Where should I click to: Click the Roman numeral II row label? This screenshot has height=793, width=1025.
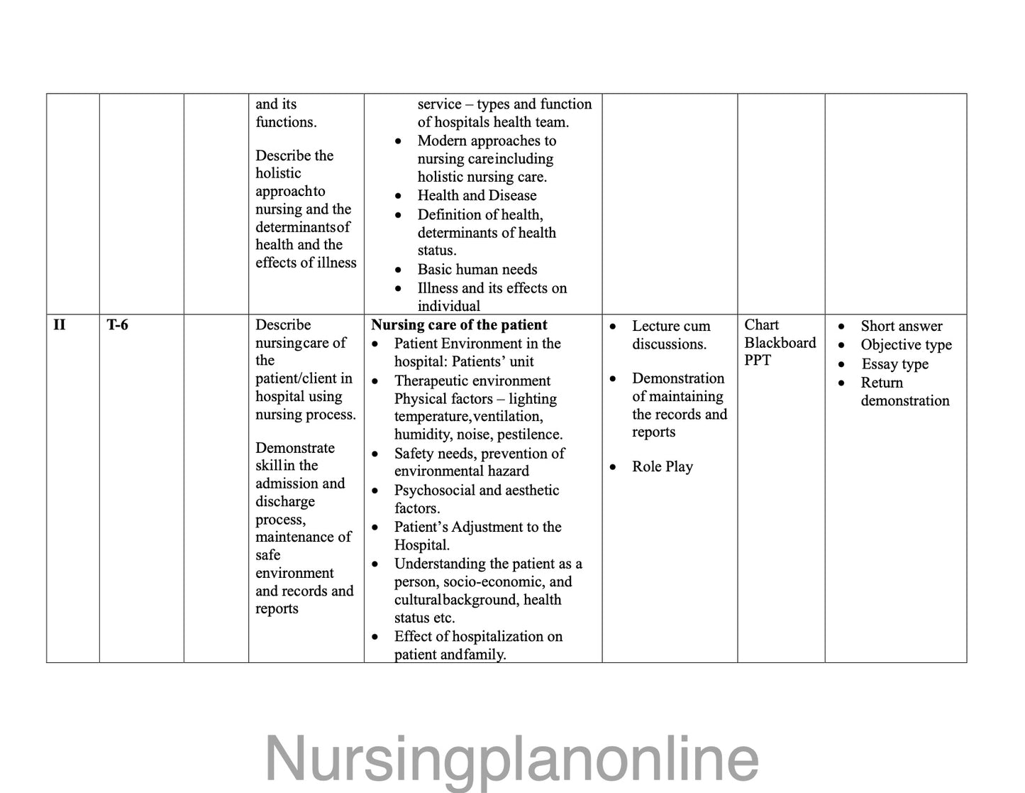[x=60, y=325]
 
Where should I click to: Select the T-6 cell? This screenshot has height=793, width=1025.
[x=118, y=325]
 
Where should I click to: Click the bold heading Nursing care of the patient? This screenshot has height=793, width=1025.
[x=459, y=325]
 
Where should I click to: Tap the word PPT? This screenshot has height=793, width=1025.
[x=757, y=360]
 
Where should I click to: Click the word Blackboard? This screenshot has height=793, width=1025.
[x=780, y=342]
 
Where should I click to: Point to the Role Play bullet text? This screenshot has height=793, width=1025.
[x=662, y=466]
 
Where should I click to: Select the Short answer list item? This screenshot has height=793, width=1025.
[x=901, y=326]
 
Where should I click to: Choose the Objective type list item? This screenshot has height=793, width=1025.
[x=906, y=345]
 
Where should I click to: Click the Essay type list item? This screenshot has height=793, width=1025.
[x=894, y=364]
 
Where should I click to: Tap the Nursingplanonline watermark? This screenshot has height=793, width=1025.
[x=511, y=759]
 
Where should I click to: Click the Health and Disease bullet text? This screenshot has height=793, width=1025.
[x=477, y=195]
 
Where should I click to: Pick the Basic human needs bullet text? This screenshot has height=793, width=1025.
[x=477, y=269]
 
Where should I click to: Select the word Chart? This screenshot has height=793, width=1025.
[x=761, y=324]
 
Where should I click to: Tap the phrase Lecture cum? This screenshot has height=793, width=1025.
[x=670, y=326]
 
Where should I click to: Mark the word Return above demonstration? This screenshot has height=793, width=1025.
[x=882, y=383]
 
